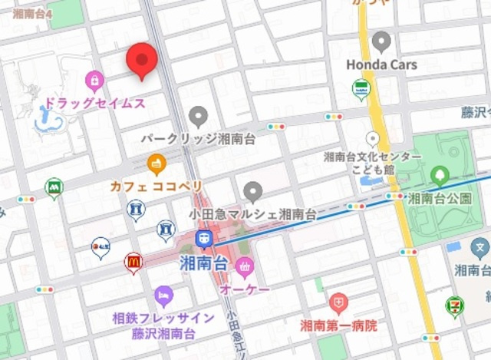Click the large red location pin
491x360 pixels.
[x=141, y=59]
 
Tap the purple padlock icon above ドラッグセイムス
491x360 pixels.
[x=94, y=79]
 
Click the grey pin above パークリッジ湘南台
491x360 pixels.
[x=199, y=117]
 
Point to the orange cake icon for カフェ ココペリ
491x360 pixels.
[x=157, y=163]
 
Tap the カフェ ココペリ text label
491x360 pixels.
[x=157, y=187]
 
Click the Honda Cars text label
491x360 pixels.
[x=381, y=64]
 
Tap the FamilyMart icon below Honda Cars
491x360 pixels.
[x=361, y=89]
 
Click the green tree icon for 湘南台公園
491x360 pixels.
[x=440, y=175]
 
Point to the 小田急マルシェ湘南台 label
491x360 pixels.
[x=252, y=213]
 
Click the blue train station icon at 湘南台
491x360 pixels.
[x=204, y=239]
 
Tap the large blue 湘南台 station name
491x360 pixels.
[x=203, y=263]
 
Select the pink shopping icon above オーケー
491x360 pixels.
[x=245, y=268]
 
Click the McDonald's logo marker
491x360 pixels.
[x=133, y=263]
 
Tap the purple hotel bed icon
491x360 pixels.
[x=163, y=296]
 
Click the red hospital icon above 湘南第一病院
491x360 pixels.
[x=338, y=302]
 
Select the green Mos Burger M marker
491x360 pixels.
[x=54, y=187]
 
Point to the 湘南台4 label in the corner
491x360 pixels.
[x=28, y=13]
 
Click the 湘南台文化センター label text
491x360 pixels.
[x=372, y=157]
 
